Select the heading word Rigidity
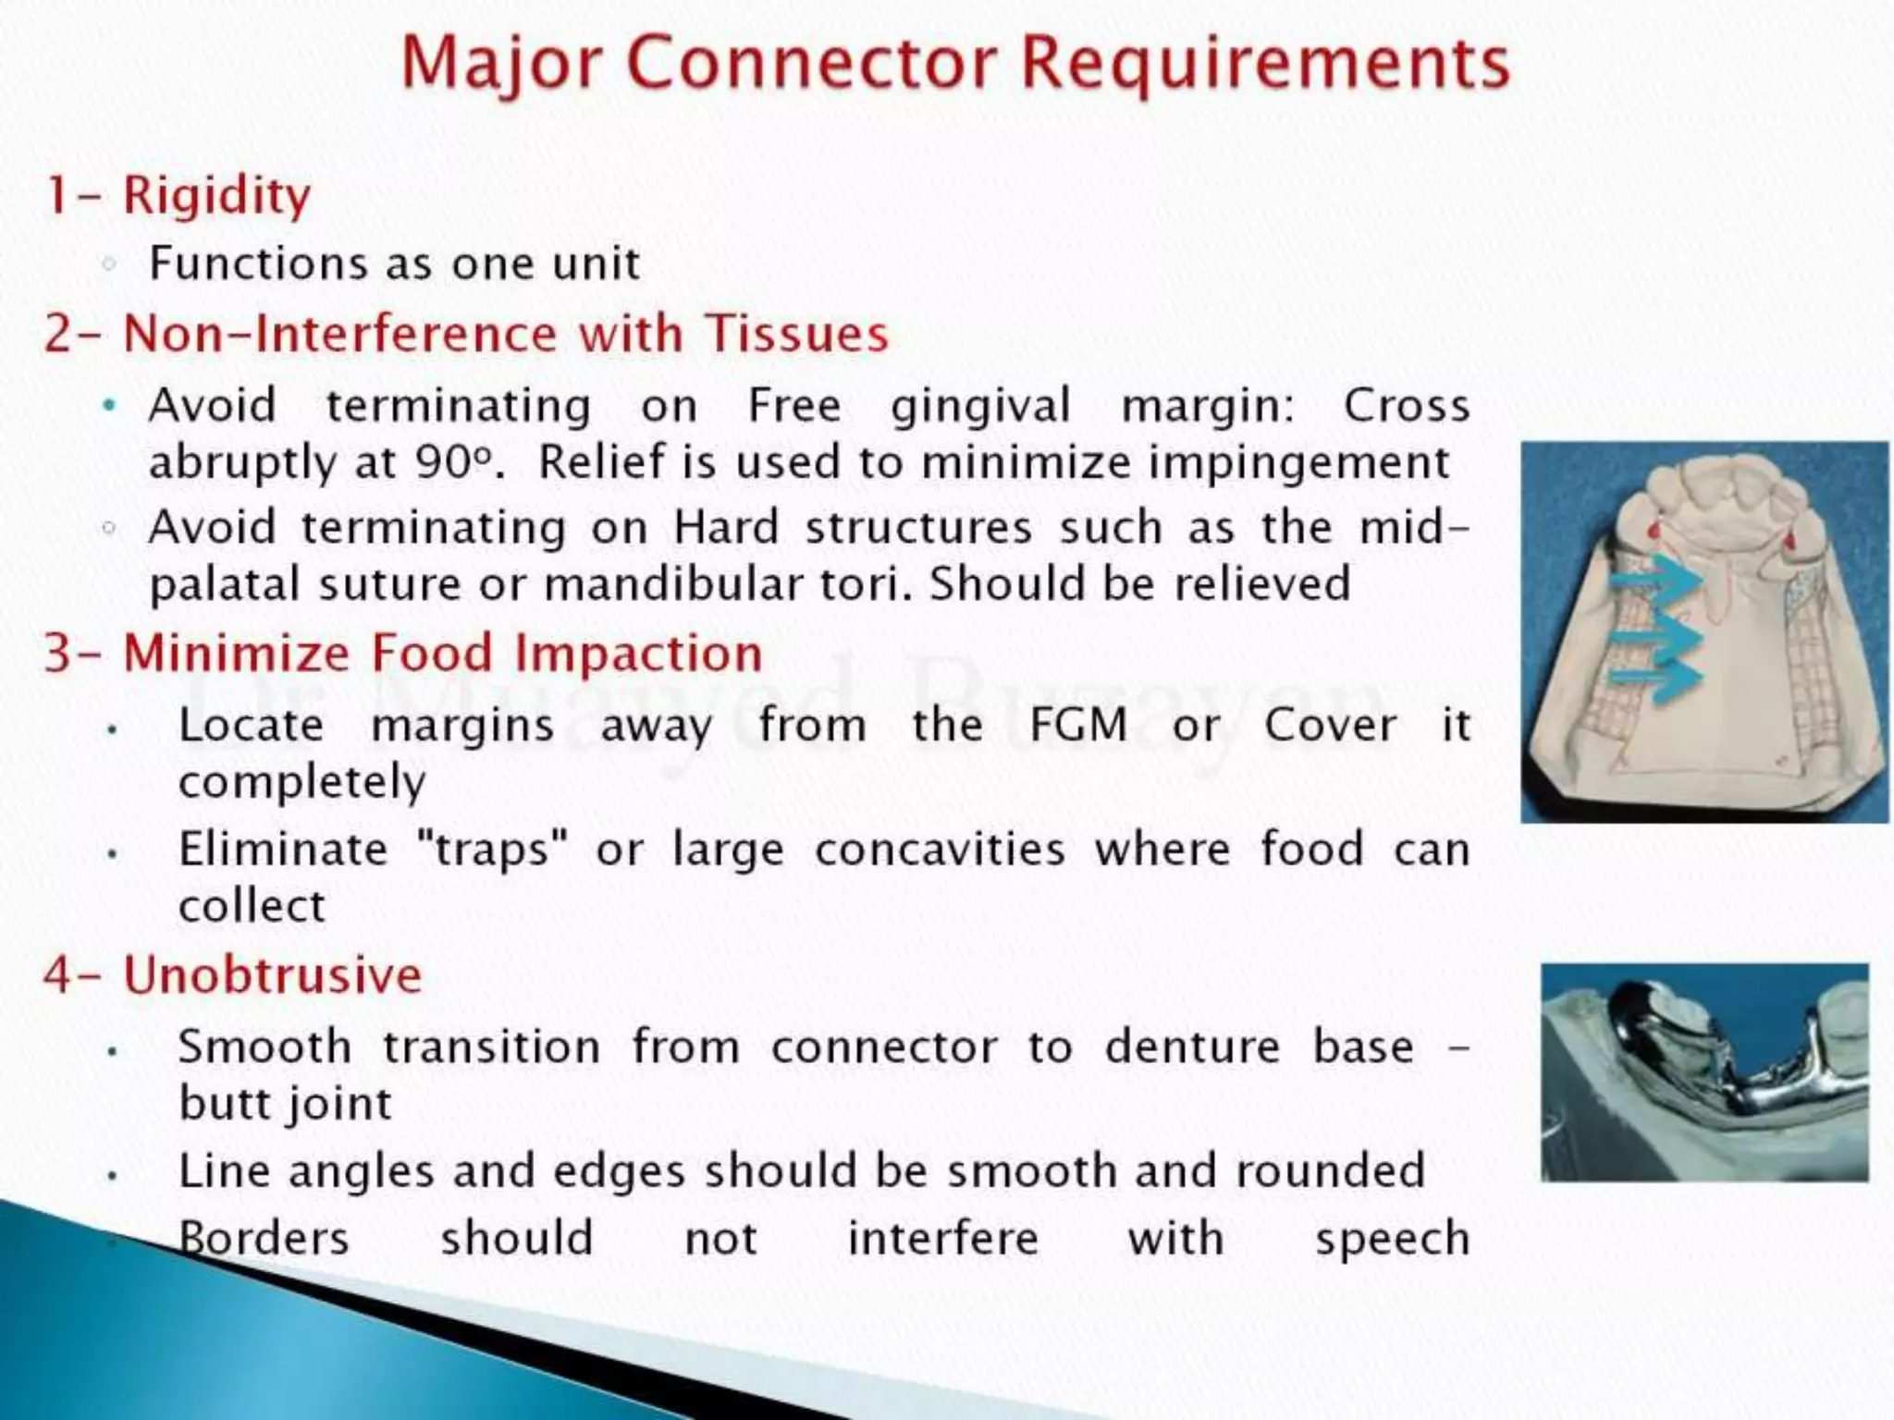pos(217,196)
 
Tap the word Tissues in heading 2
pos(796,334)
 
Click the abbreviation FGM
pos(1078,725)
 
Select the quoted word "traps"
pos(493,849)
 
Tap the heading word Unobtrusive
pos(273,975)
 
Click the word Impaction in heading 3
pos(638,654)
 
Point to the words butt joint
pos(285,1104)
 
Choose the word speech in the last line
pos(1392,1239)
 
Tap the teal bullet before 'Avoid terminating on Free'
pos(110,405)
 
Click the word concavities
pos(940,849)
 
